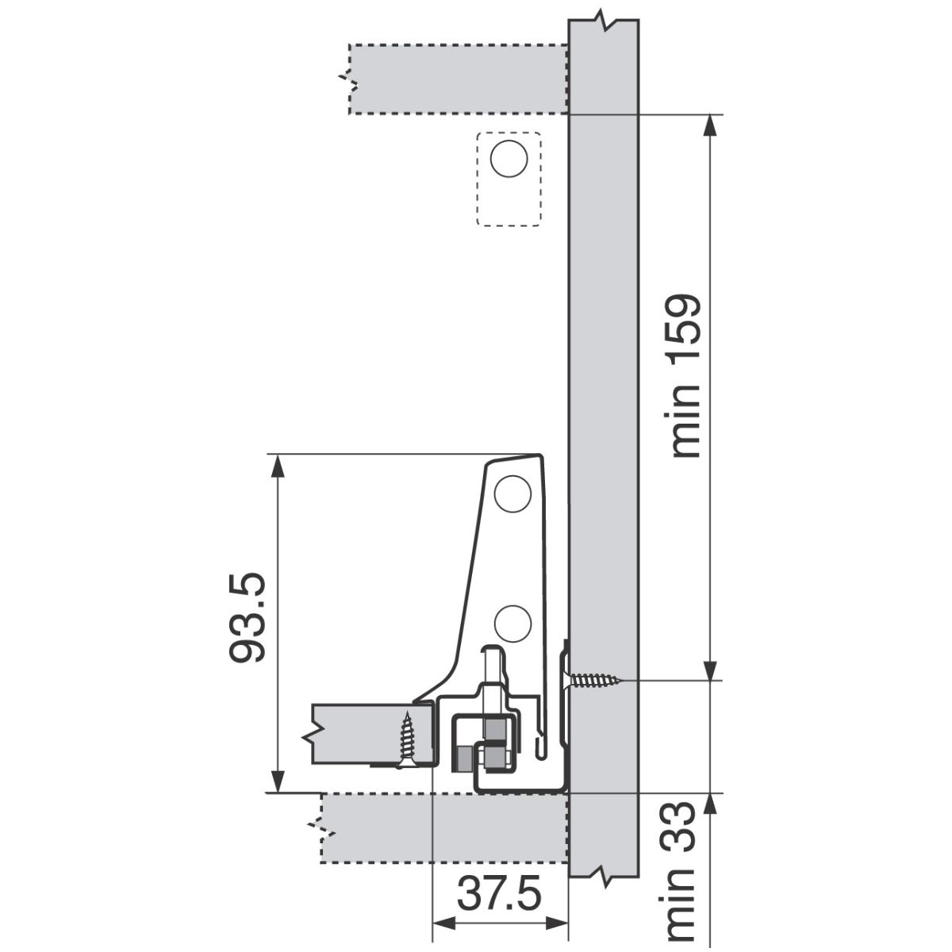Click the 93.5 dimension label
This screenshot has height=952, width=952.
click(x=248, y=617)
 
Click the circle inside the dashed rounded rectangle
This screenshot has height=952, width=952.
click(x=509, y=159)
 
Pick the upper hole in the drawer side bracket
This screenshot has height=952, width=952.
click(x=512, y=493)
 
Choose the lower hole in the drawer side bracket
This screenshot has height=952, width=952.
click(x=512, y=624)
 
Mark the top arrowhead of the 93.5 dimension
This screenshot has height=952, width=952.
click(x=278, y=466)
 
